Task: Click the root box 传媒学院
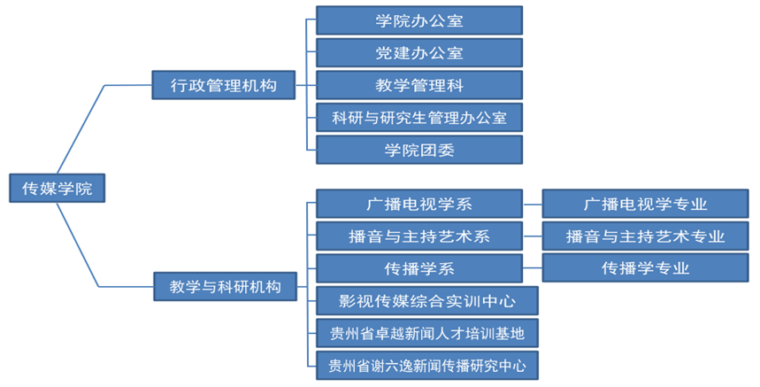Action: [x=56, y=188]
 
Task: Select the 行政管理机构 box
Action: [x=223, y=86]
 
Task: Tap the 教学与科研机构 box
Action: [x=225, y=286]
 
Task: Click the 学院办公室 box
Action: [x=418, y=20]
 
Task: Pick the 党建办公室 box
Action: [x=418, y=53]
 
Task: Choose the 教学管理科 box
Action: [x=418, y=85]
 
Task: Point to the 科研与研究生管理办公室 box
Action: [x=418, y=117]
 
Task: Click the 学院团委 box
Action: [x=418, y=150]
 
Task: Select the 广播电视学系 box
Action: [x=418, y=204]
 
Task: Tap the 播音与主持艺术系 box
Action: [x=418, y=236]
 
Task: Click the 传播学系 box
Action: [x=418, y=267]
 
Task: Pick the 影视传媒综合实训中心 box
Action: [x=426, y=300]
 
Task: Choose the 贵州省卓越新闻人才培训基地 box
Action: [x=426, y=333]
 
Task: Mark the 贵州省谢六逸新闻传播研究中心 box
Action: [x=426, y=365]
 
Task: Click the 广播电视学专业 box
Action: [x=645, y=204]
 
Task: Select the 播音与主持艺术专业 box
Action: [x=645, y=236]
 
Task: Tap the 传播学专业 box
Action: [x=645, y=267]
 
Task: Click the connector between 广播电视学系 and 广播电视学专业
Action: [x=532, y=204]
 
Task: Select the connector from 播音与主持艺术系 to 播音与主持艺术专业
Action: [x=532, y=236]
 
